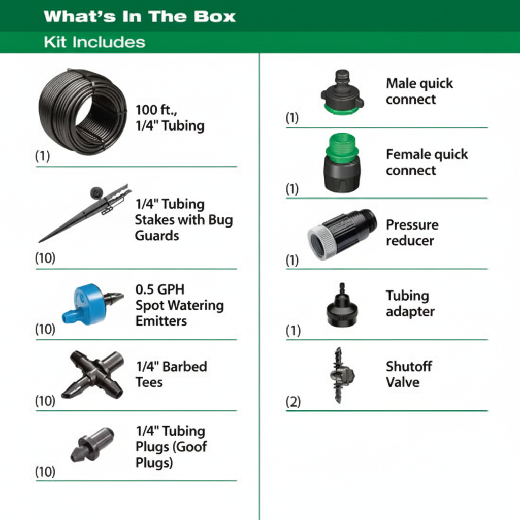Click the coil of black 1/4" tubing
(83, 111)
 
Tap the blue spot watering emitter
(92, 304)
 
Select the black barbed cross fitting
(93, 374)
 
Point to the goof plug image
(92, 444)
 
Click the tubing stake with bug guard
(85, 213)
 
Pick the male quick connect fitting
(342, 92)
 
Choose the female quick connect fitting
(342, 163)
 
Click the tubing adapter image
(342, 305)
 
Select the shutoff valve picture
(341, 375)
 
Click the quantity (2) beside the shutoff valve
(293, 402)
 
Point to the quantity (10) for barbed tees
(45, 401)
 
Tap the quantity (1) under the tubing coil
(43, 155)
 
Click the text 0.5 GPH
(160, 289)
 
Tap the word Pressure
(412, 225)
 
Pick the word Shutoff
(409, 367)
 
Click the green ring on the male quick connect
(342, 109)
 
